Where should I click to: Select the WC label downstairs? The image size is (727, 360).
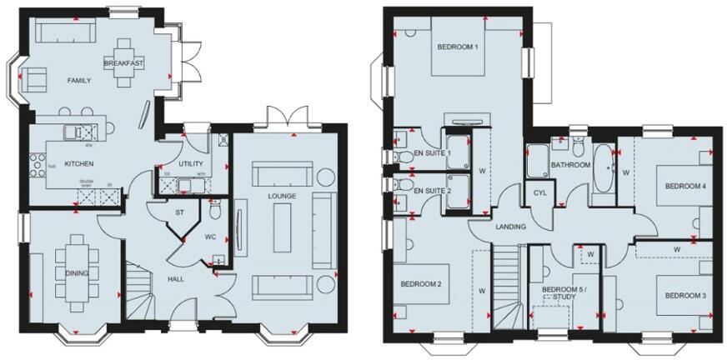[x=210, y=237]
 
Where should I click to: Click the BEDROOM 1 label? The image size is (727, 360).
[x=457, y=47]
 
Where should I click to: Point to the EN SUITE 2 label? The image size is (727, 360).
[x=433, y=191]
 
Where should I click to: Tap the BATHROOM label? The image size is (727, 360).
[x=570, y=165]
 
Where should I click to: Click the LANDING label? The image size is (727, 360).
[x=510, y=227]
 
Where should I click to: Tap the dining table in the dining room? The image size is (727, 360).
[x=79, y=265]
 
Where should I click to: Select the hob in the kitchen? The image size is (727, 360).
[x=36, y=165]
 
